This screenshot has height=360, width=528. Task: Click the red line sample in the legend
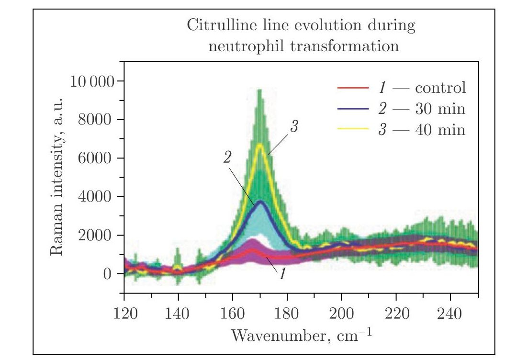coord(353,88)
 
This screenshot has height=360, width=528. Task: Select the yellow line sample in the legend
coord(353,129)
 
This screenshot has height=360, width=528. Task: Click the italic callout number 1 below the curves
coord(282,275)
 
